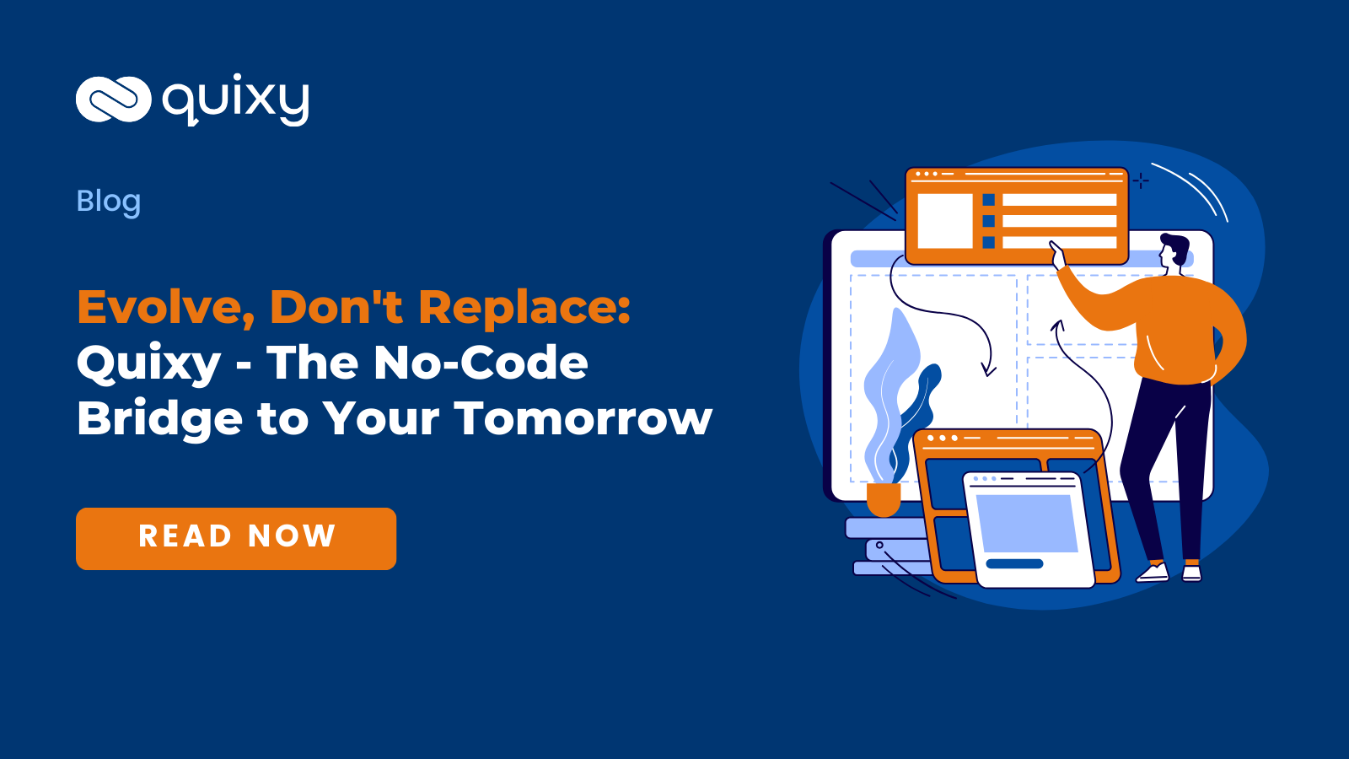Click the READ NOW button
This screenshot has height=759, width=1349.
pos(236,538)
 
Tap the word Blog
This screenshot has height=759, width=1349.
pos(109,201)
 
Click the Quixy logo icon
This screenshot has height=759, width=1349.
pos(113,100)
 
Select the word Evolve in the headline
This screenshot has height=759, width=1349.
pos(165,307)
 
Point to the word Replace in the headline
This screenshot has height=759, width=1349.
pos(524,307)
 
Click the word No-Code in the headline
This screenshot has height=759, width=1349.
pos(481,363)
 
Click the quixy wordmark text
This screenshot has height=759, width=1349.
pos(236,101)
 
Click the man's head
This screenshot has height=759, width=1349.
pos(1174,250)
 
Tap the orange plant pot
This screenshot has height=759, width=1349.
pos(883,498)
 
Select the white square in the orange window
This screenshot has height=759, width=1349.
pos(944,221)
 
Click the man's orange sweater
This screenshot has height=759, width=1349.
pos(1180,329)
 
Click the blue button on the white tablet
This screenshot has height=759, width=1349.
pos(1014,563)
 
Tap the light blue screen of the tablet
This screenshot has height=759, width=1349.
pos(1026,523)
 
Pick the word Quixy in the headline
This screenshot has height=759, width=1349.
pos(148,364)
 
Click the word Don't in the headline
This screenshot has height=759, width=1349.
pos(336,307)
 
